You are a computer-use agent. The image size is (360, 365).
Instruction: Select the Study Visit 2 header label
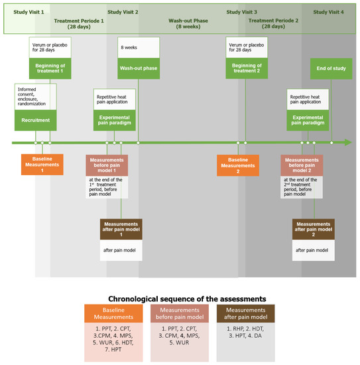tap(123, 12)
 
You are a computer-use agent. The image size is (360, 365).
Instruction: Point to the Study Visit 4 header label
tap(329, 12)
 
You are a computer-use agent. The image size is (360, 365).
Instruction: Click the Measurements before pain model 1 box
tap(107, 165)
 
